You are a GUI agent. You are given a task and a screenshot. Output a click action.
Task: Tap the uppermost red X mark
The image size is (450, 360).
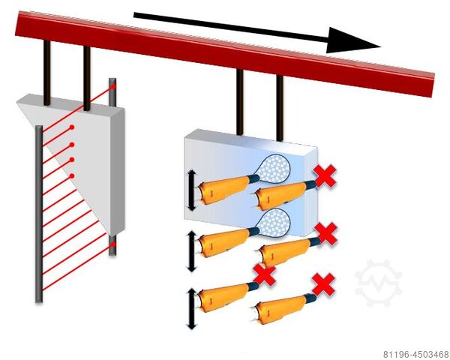(x=325, y=177)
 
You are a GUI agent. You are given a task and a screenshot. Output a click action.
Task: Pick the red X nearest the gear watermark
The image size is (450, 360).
(x=323, y=284)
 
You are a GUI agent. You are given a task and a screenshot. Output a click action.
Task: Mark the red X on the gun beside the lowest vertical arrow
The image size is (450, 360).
(x=264, y=275)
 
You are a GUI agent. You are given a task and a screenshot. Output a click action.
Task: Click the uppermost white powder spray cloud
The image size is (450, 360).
(x=277, y=166)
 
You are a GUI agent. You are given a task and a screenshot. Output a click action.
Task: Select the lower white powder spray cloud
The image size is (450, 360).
(x=277, y=222)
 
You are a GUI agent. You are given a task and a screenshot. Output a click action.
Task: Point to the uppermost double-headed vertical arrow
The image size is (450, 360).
(x=191, y=190)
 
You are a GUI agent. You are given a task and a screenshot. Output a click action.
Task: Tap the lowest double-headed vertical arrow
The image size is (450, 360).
(x=191, y=307)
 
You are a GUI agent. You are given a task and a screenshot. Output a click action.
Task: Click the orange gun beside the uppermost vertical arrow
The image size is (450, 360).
(x=225, y=188)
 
